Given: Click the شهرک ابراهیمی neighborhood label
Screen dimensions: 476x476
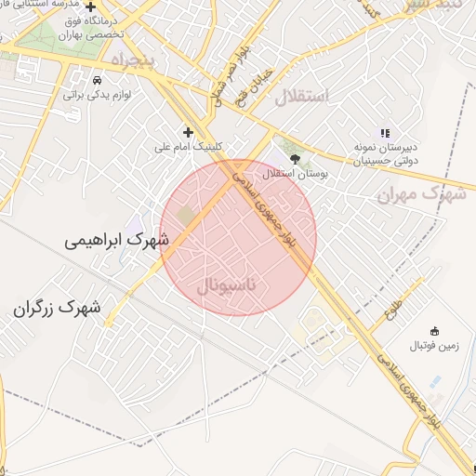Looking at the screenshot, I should [117, 239].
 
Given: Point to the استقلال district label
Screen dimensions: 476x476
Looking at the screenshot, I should [304, 96].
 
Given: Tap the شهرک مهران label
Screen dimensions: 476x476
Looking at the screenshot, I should [422, 194].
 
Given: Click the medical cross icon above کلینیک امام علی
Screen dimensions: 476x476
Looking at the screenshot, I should [189, 132].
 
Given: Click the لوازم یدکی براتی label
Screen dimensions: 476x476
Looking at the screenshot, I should [99, 94].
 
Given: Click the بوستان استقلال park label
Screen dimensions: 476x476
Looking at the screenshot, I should [291, 173].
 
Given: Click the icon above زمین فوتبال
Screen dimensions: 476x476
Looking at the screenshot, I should [434, 330].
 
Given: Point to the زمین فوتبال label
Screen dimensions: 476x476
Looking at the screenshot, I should [434, 346].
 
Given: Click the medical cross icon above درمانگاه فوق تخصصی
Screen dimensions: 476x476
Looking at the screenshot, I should [90, 7].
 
